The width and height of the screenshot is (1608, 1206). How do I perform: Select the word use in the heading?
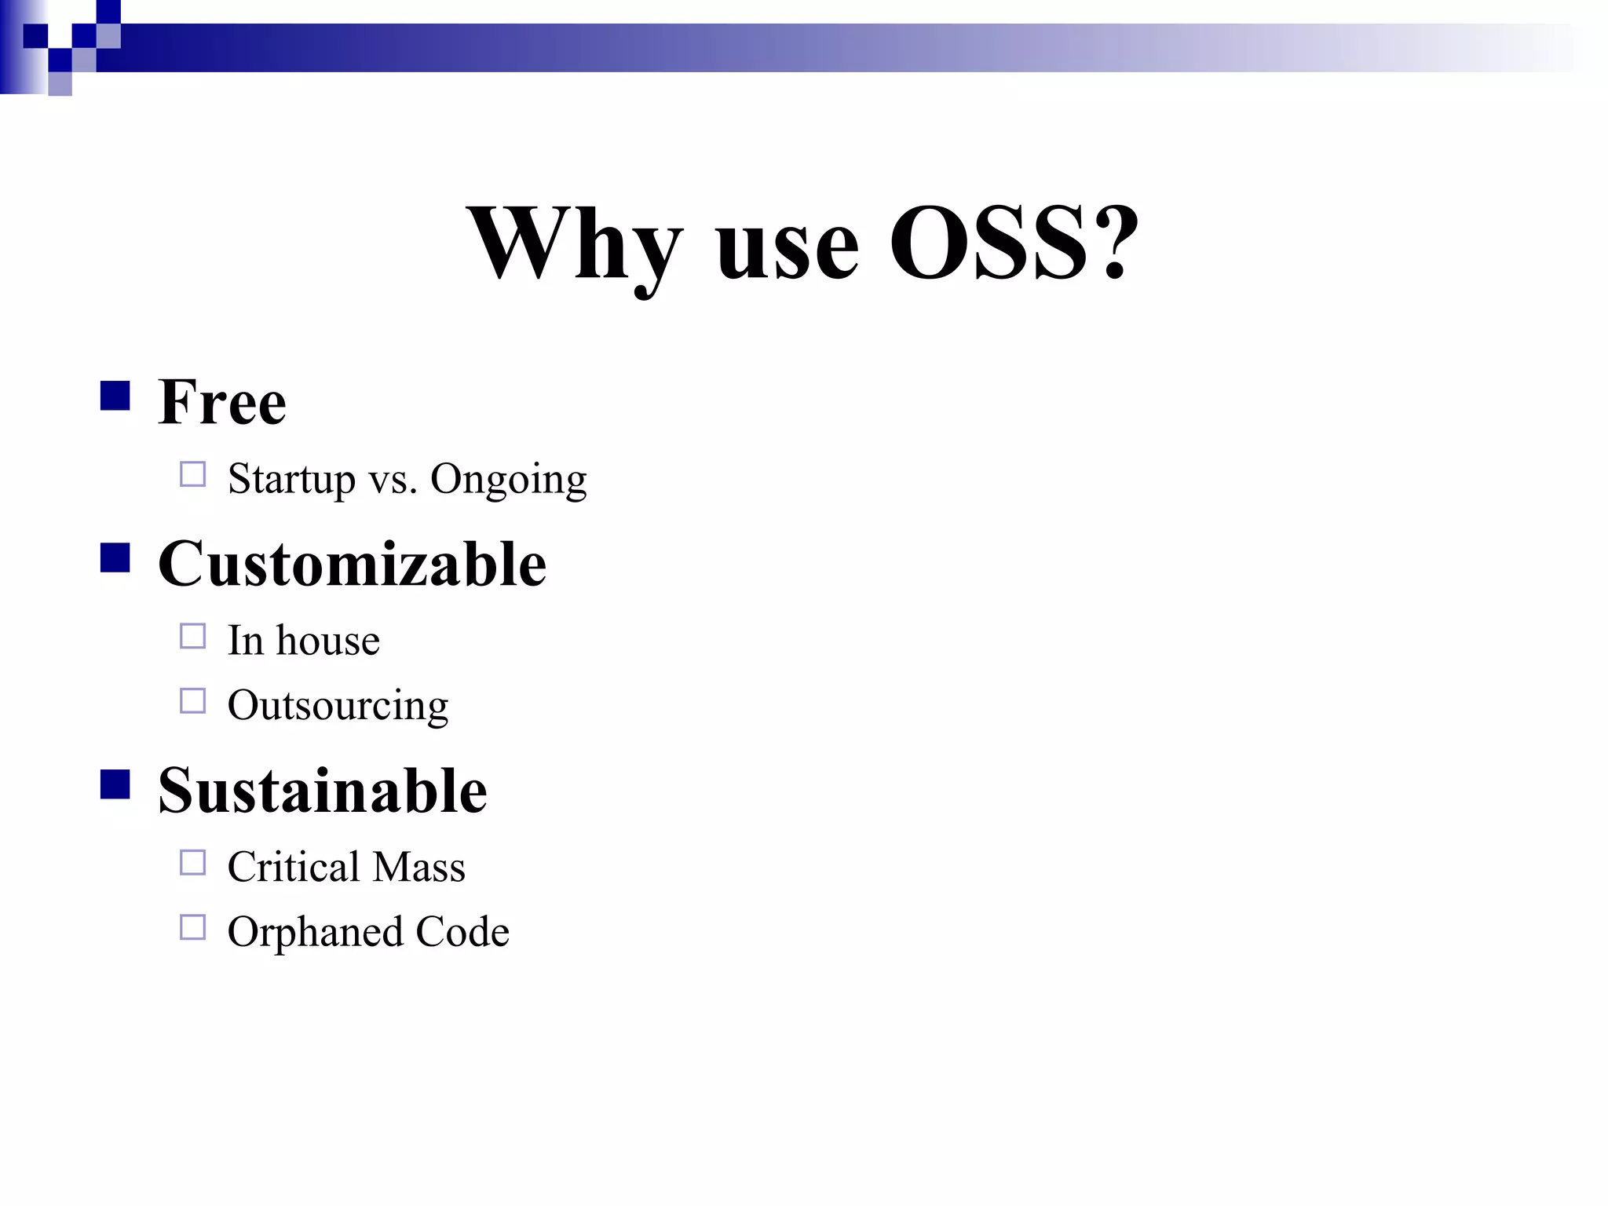click(x=788, y=250)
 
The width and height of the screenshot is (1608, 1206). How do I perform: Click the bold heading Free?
click(x=222, y=402)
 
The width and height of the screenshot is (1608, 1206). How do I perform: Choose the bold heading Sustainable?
click(x=322, y=791)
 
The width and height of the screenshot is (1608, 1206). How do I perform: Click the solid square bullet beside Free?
click(x=115, y=396)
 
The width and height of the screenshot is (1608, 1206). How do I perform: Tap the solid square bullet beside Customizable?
click(x=115, y=557)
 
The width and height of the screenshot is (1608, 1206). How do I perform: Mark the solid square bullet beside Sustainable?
click(x=115, y=784)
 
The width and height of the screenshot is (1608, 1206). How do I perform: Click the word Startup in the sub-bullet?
click(x=291, y=479)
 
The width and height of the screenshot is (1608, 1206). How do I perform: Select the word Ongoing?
click(x=508, y=479)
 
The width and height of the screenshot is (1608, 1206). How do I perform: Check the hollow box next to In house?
click(x=192, y=636)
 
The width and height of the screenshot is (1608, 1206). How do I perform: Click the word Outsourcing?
click(x=338, y=705)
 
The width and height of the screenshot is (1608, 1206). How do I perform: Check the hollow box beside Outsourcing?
click(x=192, y=700)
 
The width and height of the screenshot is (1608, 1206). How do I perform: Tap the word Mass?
click(x=419, y=867)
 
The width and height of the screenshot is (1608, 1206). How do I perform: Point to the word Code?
click(x=462, y=932)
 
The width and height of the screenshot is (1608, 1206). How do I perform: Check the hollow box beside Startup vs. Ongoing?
click(x=192, y=474)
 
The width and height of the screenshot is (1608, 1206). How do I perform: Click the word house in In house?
click(x=327, y=641)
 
